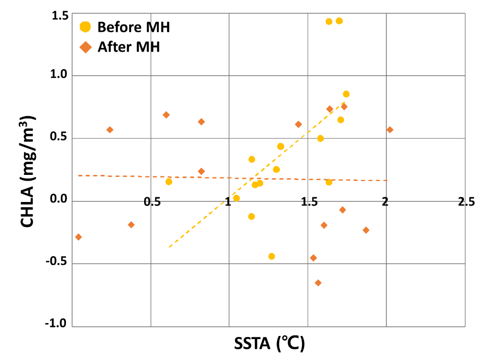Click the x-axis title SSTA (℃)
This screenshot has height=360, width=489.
click(269, 343)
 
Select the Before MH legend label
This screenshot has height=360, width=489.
click(133, 27)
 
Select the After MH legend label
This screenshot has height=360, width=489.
click(129, 47)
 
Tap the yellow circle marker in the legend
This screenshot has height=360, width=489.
click(86, 27)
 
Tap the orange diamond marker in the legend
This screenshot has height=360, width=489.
click(86, 47)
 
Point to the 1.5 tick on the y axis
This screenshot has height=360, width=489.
click(60, 16)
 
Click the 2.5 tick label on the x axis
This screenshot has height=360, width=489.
click(466, 202)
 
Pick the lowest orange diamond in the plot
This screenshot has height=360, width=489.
click(318, 283)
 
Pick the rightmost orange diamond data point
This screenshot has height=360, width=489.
click(390, 129)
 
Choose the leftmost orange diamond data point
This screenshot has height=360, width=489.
click(78, 237)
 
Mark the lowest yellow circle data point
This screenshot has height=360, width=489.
click(271, 256)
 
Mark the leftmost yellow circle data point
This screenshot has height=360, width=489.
click(169, 182)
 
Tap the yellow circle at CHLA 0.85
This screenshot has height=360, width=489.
click(346, 94)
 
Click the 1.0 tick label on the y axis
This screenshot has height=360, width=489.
click(60, 75)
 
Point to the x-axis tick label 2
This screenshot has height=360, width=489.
click(385, 202)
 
